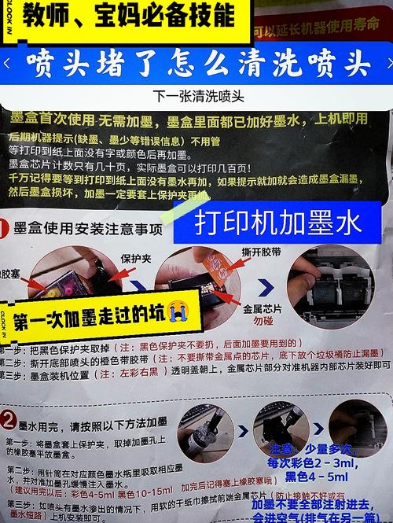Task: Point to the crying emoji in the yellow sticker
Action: (x=178, y=314)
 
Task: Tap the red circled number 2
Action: (x=9, y=418)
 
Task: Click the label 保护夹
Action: (x=134, y=257)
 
